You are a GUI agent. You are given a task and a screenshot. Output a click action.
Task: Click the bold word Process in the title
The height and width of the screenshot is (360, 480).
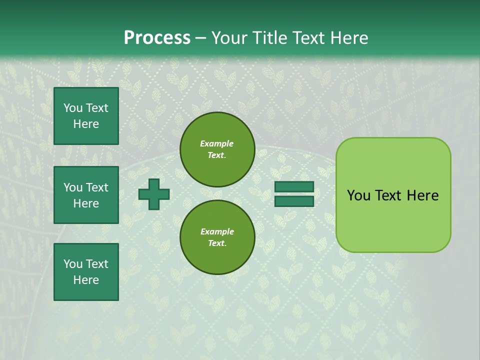tap(157, 38)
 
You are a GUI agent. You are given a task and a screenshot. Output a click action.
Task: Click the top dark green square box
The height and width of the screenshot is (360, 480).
tap(86, 116)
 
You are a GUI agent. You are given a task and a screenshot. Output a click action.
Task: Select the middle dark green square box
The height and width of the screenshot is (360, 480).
tap(86, 195)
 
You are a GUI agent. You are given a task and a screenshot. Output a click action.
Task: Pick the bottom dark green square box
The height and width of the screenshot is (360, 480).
tap(86, 272)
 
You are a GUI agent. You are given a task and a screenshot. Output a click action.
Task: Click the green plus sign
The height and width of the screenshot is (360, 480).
tap(154, 194)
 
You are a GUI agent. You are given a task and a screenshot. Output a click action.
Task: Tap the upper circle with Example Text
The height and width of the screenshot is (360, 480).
tap(217, 149)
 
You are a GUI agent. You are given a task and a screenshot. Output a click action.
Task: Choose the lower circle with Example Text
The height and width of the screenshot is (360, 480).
tap(217, 237)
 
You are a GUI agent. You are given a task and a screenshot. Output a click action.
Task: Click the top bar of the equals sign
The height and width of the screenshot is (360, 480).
tap(294, 187)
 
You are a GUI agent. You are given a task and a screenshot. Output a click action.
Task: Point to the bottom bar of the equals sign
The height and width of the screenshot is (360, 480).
tap(294, 201)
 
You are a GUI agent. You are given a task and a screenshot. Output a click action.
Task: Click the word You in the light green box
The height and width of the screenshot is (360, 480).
tap(358, 195)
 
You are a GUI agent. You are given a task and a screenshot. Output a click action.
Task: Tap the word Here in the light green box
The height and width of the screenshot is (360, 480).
tap(422, 195)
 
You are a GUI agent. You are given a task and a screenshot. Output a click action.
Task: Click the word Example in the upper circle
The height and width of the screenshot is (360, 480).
tap(217, 144)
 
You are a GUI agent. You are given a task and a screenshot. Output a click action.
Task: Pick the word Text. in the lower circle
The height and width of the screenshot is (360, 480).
tap(217, 243)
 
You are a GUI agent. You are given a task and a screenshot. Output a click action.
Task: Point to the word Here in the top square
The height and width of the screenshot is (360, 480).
tap(86, 124)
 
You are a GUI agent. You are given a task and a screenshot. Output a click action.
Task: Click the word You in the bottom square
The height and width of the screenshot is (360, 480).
tap(73, 264)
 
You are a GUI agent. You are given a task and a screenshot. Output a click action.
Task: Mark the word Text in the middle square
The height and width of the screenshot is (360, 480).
tap(97, 187)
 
